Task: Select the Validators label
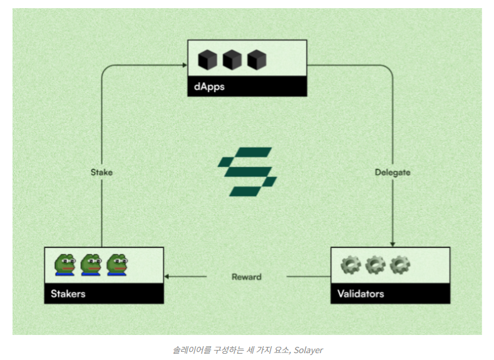(361, 293)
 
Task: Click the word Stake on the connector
(101, 172)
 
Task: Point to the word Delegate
(393, 172)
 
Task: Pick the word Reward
(247, 276)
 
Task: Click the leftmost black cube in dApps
(207, 60)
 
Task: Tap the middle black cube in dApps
(232, 60)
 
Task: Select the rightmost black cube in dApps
(256, 60)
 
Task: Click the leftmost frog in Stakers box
(65, 265)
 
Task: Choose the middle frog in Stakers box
(91, 265)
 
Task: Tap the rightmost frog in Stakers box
(116, 265)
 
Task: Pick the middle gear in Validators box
(374, 265)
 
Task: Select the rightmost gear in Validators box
(399, 265)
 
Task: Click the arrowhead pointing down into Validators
(393, 244)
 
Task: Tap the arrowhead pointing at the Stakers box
(168, 276)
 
